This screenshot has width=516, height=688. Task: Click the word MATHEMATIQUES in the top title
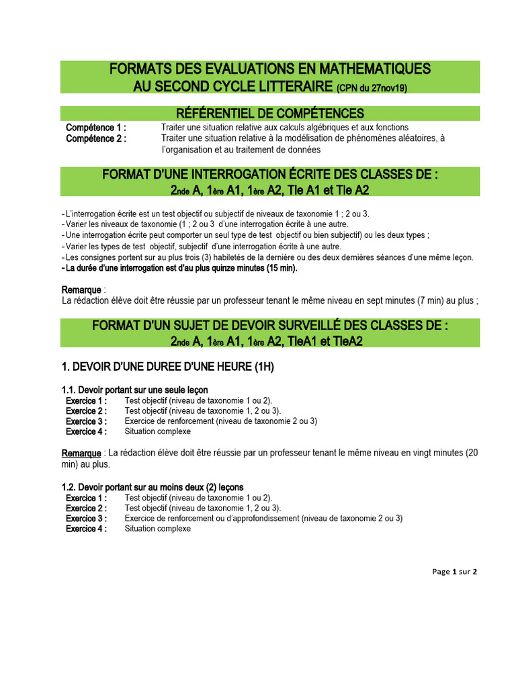(x=369, y=69)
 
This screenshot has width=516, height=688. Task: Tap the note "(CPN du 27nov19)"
(x=372, y=87)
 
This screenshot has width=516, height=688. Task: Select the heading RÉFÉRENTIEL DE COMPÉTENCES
(x=269, y=113)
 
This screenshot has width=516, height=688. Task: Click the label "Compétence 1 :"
(x=96, y=128)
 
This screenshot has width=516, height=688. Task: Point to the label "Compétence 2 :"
(x=96, y=138)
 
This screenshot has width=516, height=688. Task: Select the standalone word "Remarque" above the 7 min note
(x=81, y=290)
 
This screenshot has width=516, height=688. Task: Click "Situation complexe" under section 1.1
(x=158, y=431)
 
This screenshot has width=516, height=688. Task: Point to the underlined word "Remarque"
(x=81, y=453)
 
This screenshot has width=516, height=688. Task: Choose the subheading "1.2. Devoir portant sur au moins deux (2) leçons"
(x=153, y=487)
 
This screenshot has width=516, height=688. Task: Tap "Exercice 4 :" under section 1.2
(x=86, y=529)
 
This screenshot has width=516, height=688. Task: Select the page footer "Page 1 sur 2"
(x=455, y=572)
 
